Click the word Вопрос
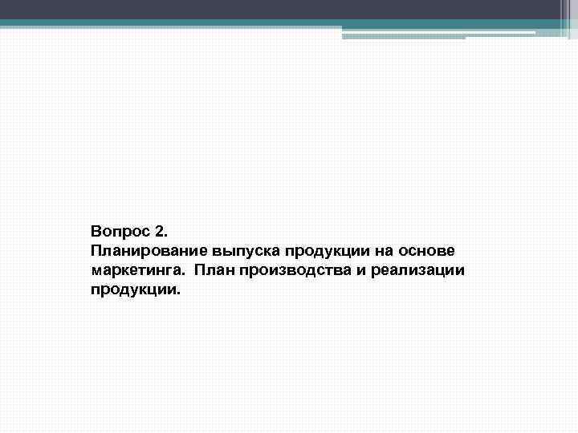point(119,232)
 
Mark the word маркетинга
point(130,270)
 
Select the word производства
point(297,270)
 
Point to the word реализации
point(418,270)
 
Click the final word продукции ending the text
point(133,289)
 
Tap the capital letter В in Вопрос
point(96,232)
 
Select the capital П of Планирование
point(96,251)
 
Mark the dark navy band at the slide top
point(289,10)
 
